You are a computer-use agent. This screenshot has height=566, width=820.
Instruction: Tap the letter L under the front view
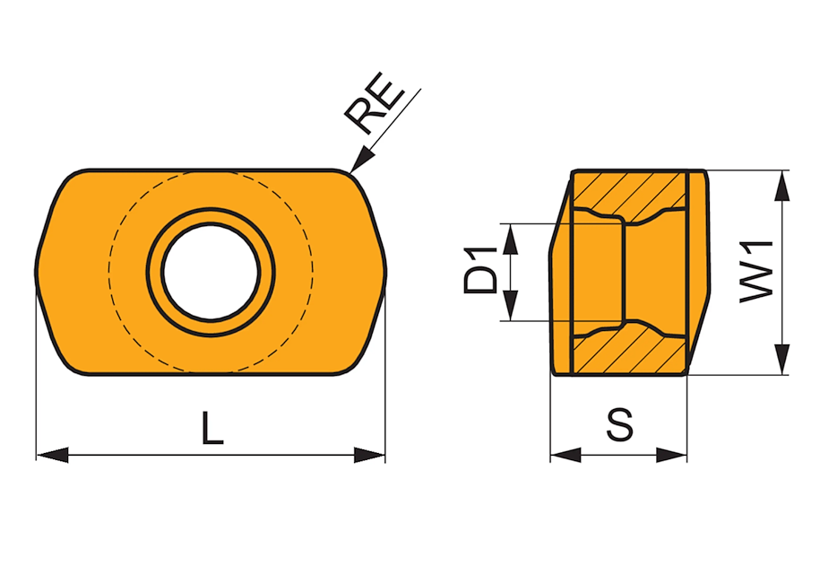click(212, 428)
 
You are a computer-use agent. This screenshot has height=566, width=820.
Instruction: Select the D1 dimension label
click(480, 270)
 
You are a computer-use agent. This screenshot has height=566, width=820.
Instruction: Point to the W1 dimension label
click(756, 271)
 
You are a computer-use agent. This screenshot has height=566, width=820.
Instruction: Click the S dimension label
click(620, 423)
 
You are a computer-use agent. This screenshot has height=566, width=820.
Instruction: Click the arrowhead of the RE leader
click(362, 161)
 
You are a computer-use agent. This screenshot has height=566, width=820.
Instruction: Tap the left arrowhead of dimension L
click(52, 455)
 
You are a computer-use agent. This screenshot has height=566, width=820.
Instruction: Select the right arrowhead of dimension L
click(369, 455)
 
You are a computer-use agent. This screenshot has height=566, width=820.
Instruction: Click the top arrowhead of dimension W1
click(781, 186)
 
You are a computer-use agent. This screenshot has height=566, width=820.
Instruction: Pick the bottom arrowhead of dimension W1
click(781, 360)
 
